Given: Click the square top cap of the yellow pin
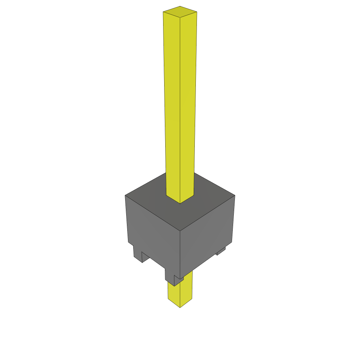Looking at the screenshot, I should click(180, 12).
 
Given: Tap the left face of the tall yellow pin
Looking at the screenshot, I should click(172, 105).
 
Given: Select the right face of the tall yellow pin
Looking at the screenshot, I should click(188, 105).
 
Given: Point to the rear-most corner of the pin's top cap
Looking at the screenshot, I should click(180, 6).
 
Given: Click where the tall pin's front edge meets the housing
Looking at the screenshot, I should click(180, 203).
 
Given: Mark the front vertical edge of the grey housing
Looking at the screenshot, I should click(180, 253).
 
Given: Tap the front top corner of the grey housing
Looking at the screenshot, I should click(180, 231).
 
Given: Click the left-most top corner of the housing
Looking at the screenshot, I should click(125, 195).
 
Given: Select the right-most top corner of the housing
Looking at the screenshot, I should click(235, 195).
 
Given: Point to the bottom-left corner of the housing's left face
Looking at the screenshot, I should click(128, 242).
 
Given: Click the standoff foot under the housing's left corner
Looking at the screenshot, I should click(137, 255).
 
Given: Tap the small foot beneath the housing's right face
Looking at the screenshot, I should click(221, 251).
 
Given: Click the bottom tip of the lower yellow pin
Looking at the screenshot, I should click(180, 308).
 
